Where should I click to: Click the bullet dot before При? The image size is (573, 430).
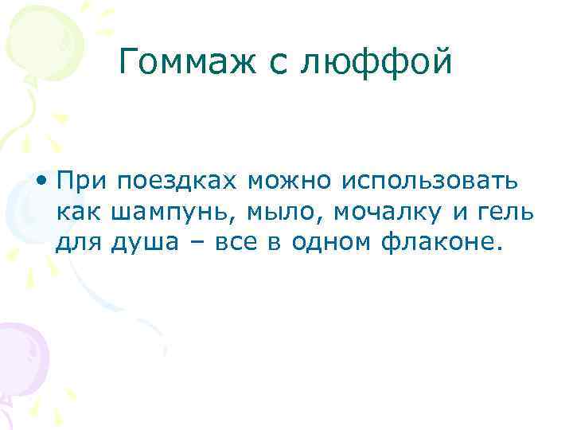41,182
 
